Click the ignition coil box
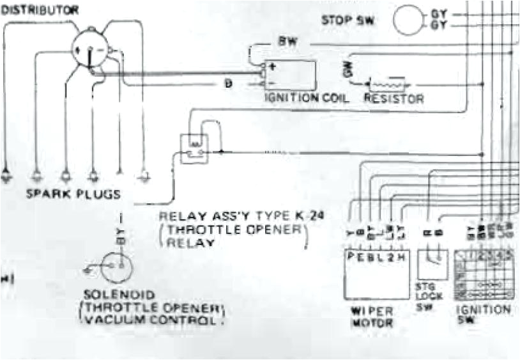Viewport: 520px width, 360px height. (293, 74)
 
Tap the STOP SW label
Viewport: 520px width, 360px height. (348, 19)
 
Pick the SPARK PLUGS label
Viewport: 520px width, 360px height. (72, 192)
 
